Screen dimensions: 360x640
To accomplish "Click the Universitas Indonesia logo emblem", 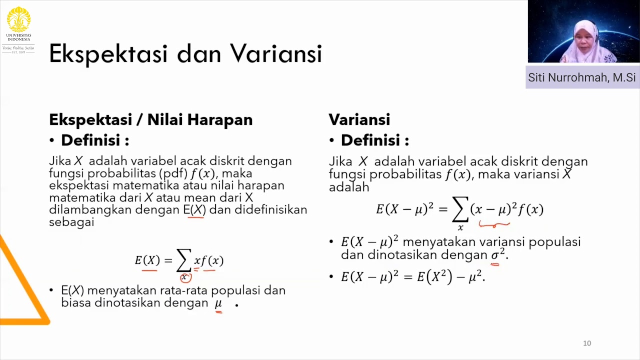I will pyautogui.click(x=18, y=20).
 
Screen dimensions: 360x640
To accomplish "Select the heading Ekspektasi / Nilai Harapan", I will pyautogui.click(x=150, y=119).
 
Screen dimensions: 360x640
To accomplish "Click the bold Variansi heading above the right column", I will pyautogui.click(x=359, y=119).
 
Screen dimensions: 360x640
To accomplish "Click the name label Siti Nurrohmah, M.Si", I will pyautogui.click(x=582, y=77).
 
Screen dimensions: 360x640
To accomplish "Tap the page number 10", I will pyautogui.click(x=587, y=343).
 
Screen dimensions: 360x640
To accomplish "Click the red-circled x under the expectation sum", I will pyautogui.click(x=185, y=277).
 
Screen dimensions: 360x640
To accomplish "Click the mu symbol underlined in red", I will pyautogui.click(x=218, y=303).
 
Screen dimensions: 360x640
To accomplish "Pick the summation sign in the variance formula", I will pyautogui.click(x=460, y=209).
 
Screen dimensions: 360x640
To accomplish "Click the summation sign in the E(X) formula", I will pyautogui.click(x=183, y=260).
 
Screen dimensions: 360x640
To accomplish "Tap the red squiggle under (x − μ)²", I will pyautogui.click(x=494, y=224).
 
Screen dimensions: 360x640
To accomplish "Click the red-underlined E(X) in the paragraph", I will pyautogui.click(x=194, y=210).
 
